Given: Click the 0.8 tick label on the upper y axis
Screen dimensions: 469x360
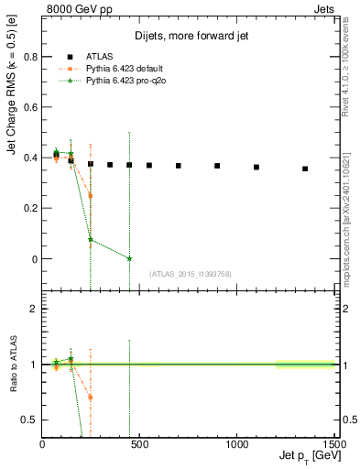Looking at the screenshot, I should [29, 56].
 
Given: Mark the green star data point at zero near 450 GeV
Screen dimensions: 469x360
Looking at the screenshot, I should [129, 258].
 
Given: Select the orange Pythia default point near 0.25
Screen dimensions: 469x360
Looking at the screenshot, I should [91, 195].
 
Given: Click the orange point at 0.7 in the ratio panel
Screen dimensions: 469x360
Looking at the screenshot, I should [91, 397].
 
